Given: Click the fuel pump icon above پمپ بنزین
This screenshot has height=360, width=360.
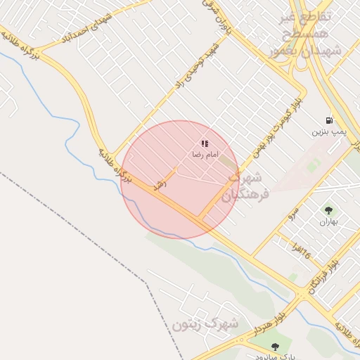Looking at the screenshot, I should (x=329, y=120).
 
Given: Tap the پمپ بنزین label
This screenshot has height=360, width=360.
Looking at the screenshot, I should (x=329, y=131).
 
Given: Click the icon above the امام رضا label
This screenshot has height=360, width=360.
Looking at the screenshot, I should (x=205, y=143).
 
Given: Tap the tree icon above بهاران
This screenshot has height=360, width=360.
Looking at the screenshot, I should (x=328, y=210).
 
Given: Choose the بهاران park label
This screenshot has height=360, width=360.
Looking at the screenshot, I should (x=328, y=221).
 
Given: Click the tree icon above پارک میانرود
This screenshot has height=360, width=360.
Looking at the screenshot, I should (x=274, y=347).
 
